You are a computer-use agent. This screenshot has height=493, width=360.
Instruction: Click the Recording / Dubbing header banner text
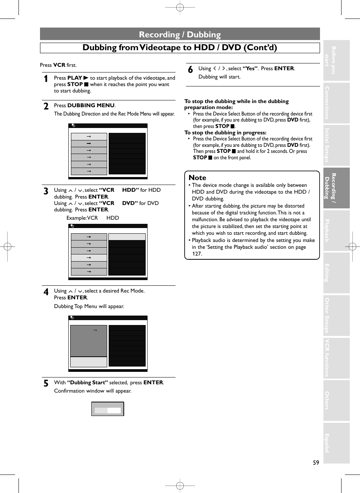click(x=180, y=34)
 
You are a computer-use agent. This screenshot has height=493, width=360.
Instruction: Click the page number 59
click(x=316, y=462)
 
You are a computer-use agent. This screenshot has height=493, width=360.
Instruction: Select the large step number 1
click(x=46, y=79)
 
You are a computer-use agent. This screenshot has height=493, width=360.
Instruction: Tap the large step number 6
click(x=190, y=69)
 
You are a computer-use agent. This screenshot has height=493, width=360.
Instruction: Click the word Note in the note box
click(x=197, y=177)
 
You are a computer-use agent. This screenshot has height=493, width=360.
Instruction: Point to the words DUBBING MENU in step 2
click(x=91, y=105)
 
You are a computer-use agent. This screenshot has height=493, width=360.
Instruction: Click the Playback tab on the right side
click(x=336, y=231)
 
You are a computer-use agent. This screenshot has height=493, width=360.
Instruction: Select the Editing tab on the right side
click(x=336, y=273)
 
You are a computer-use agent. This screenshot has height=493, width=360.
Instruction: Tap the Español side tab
click(x=336, y=443)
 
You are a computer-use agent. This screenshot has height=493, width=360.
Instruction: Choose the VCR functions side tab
click(x=336, y=358)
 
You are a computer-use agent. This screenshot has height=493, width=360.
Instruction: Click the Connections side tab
click(x=336, y=103)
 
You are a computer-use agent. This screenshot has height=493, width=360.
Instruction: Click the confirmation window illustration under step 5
click(x=108, y=408)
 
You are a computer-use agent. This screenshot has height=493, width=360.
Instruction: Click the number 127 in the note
click(x=197, y=254)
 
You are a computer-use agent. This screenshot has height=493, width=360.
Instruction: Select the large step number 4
click(x=46, y=292)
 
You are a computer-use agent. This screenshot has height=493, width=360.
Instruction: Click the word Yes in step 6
click(x=250, y=68)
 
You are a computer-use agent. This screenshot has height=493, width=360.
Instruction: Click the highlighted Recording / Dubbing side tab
click(x=336, y=188)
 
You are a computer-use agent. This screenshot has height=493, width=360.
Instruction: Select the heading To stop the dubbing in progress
click(x=225, y=132)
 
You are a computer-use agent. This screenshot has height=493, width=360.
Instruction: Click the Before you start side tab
click(x=336, y=60)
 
